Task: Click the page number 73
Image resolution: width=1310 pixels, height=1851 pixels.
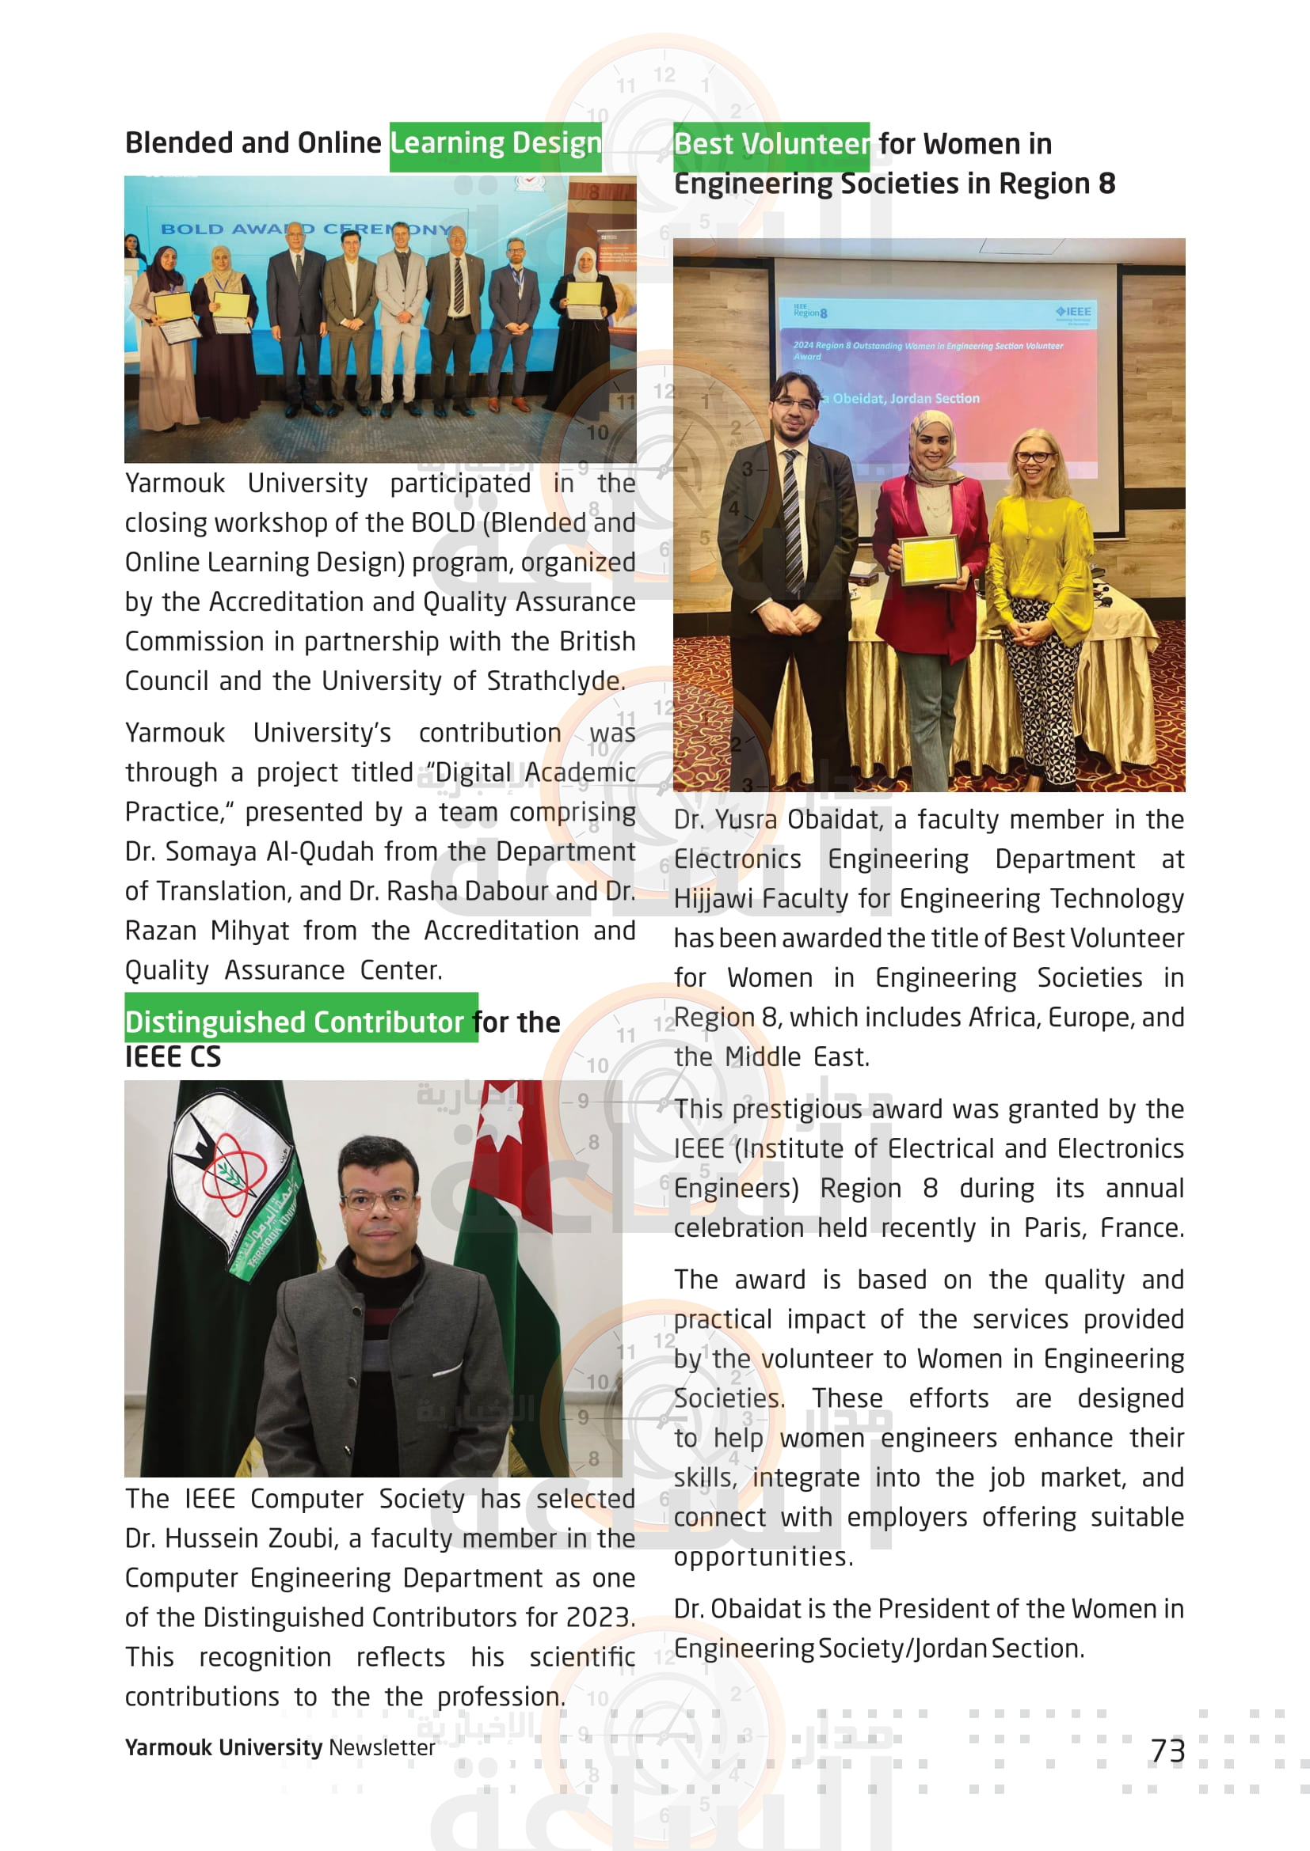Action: [1167, 1750]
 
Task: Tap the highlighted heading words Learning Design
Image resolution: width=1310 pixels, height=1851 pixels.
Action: [495, 144]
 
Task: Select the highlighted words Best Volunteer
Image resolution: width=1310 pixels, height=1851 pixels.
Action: [771, 145]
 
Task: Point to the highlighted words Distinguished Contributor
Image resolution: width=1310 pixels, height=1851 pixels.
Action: [295, 1022]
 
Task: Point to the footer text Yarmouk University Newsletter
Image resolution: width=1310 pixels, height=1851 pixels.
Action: [280, 1747]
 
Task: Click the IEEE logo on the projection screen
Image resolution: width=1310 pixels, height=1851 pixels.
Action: [1074, 311]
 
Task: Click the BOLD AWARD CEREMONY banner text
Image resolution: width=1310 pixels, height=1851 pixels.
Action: [307, 229]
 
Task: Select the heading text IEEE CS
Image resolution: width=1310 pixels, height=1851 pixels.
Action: [173, 1057]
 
